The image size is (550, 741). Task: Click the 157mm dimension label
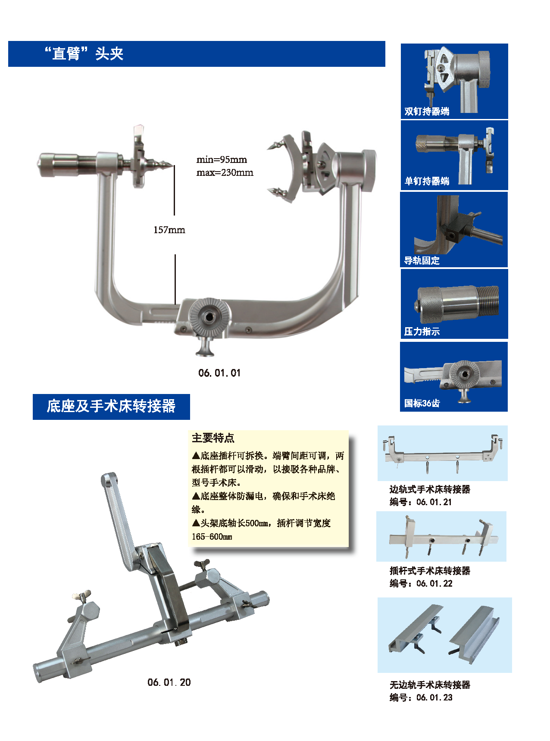pos(169,230)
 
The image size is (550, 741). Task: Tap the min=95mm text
pos(222,159)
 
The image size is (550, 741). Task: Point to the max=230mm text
pos(225,172)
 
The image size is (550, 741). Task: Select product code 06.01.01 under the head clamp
pos(219,373)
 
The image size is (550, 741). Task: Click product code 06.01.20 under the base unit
pos(169,682)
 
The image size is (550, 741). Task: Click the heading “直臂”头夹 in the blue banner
pos(84,54)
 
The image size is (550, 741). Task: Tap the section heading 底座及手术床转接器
pos(111,406)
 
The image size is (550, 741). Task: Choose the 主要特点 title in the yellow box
pos(213,438)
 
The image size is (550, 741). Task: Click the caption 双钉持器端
pos(427,111)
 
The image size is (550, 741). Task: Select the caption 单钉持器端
pos(427,181)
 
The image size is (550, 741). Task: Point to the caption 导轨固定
pos(422,260)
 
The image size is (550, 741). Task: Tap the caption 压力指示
pos(422,331)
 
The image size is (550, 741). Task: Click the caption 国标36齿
pos(422,403)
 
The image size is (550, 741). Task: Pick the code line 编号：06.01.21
pos(421,502)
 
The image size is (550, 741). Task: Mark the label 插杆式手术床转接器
pos(430,571)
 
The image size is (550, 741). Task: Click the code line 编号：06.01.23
pos(421,697)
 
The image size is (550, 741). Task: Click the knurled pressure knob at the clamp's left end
pos(58,164)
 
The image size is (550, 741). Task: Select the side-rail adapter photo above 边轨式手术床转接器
pos(443,453)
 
